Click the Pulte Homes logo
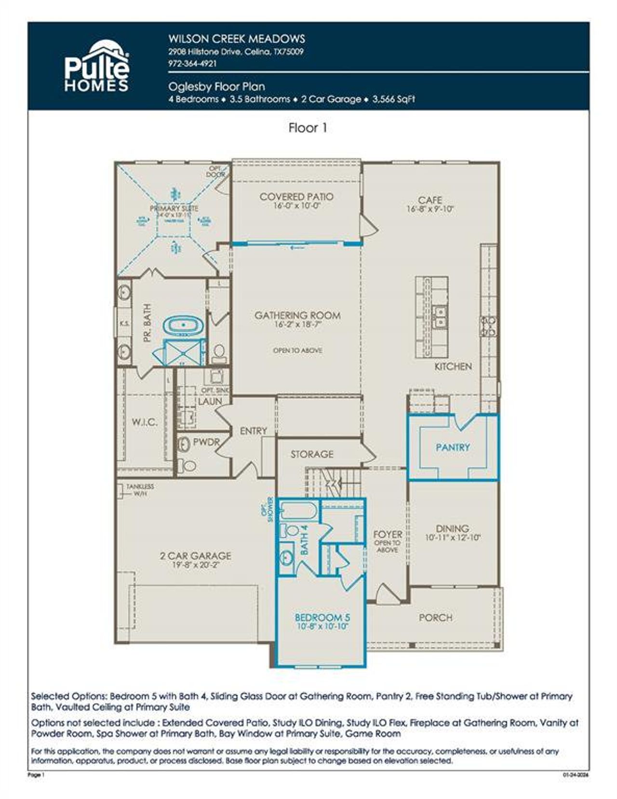coord(97,67)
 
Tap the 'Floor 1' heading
coord(308,128)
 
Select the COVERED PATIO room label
coord(296,197)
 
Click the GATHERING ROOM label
coord(297,316)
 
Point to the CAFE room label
coord(430,200)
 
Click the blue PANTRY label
coord(453,447)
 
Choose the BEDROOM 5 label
coord(322,617)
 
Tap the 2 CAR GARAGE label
coord(195,556)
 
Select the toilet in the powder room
coord(188,465)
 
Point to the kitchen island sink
coord(440,317)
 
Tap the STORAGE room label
coord(312,454)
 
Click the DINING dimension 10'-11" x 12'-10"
coord(453,538)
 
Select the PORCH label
coord(435,617)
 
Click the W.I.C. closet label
coord(144,423)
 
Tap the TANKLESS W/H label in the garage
coord(140,490)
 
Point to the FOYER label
coord(388,534)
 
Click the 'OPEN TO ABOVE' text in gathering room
coord(297,350)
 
